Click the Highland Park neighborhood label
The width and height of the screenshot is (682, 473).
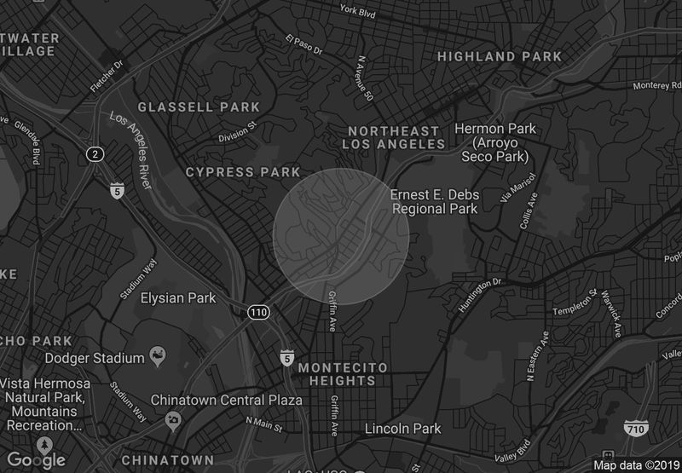click(500, 57)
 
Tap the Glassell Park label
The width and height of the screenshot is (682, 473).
click(199, 107)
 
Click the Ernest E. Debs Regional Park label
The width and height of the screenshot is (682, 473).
click(435, 201)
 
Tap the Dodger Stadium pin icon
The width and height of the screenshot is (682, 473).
click(157, 354)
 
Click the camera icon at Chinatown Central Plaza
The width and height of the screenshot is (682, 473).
click(174, 419)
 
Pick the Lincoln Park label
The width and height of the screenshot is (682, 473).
click(403, 429)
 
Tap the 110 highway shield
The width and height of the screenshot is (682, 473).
click(258, 313)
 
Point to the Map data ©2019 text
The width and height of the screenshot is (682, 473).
click(635, 464)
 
